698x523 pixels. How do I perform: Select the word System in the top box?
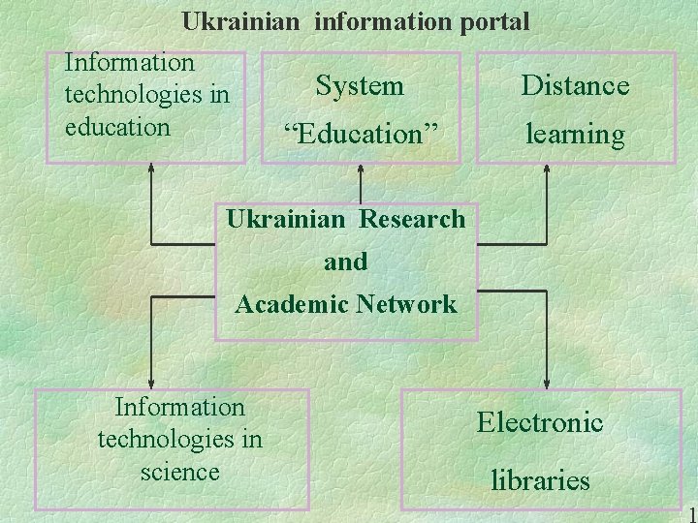click(x=360, y=86)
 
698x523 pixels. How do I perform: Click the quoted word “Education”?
click(x=360, y=134)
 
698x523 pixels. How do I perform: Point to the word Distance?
click(x=575, y=86)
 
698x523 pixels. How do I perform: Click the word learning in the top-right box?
click(x=575, y=134)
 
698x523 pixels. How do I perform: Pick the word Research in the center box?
click(x=412, y=219)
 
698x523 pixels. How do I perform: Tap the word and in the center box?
click(x=346, y=261)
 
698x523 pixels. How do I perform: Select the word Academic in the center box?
click(x=292, y=304)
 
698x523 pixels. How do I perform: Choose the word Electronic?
click(x=539, y=422)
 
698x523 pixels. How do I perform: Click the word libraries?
click(x=540, y=479)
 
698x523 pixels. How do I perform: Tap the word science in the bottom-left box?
click(x=179, y=472)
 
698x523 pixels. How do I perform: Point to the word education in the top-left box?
click(x=116, y=127)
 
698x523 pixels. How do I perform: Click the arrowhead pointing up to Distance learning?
click(x=547, y=169)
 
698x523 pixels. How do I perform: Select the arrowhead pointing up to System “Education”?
click(x=361, y=169)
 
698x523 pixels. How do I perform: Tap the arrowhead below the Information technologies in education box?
click(x=151, y=169)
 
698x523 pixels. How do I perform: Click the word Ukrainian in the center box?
click(x=285, y=219)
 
